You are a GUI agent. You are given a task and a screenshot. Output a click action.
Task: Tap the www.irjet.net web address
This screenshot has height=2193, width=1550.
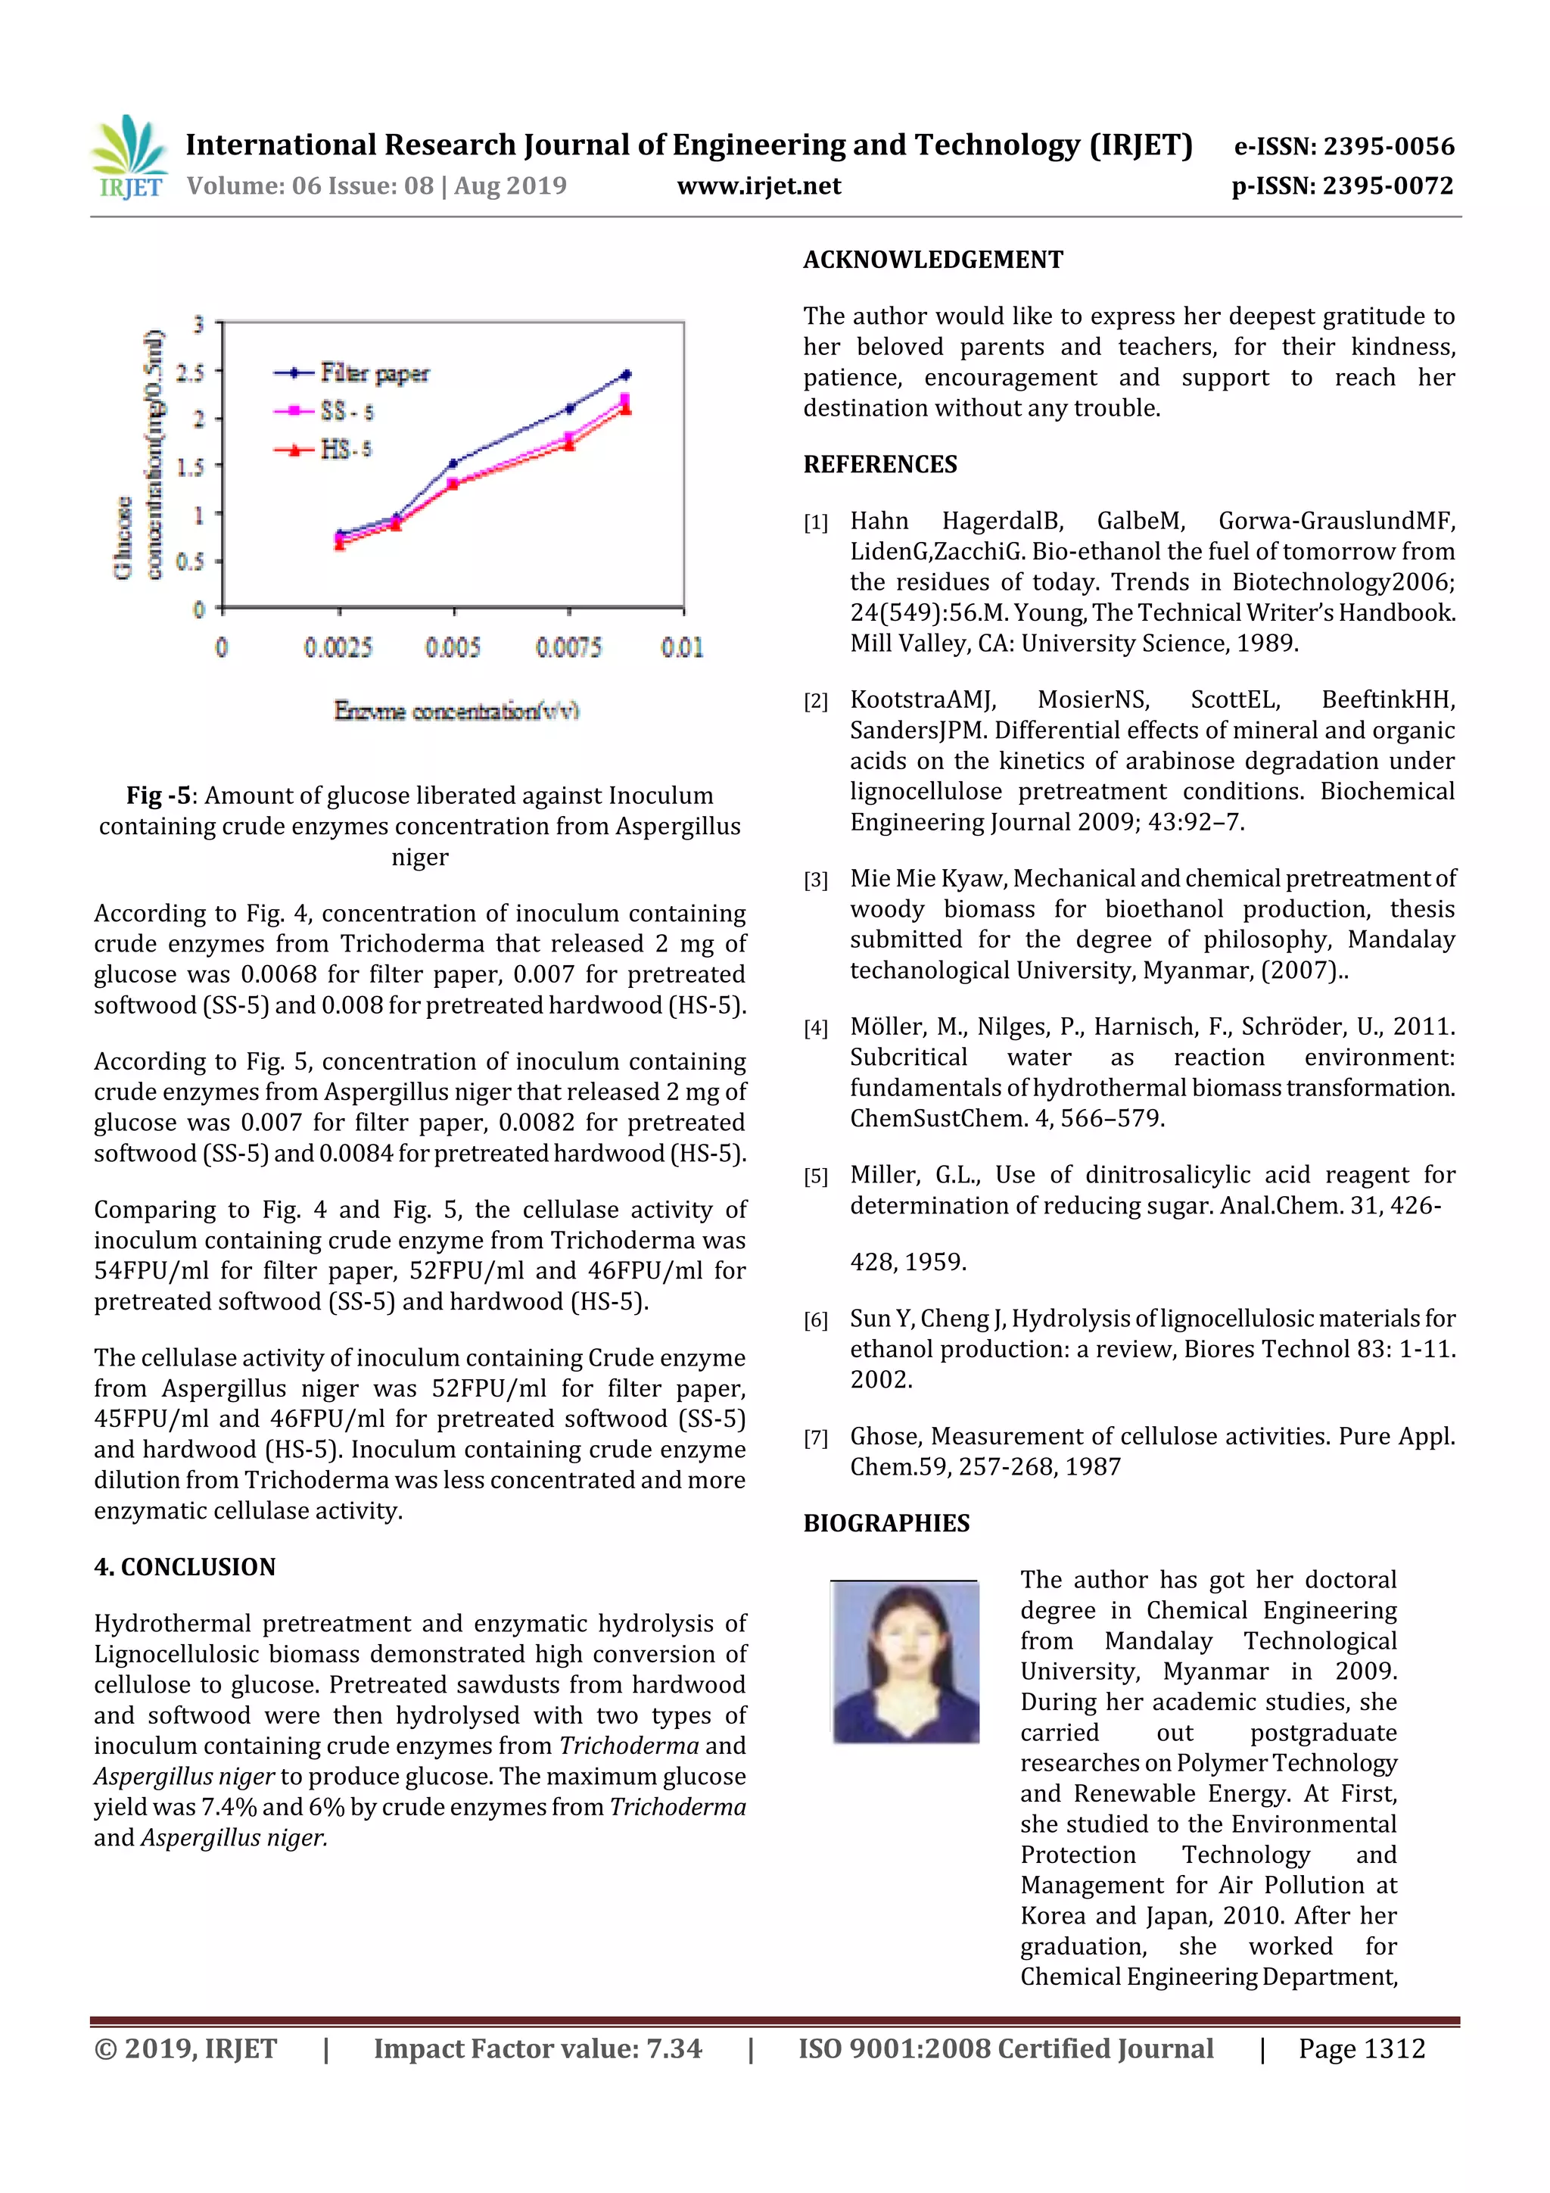(x=758, y=186)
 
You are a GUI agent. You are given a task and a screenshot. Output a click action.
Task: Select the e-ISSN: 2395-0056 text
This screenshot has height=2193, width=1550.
(x=1343, y=146)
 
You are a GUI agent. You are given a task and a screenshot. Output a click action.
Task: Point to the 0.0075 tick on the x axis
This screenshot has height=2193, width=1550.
(x=569, y=647)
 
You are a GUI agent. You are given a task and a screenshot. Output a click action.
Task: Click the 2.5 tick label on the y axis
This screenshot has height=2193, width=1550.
(x=191, y=372)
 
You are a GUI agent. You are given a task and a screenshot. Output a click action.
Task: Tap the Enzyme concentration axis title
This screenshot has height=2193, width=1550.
(x=456, y=711)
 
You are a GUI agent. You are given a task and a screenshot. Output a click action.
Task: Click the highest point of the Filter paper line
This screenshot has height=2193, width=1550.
(x=627, y=375)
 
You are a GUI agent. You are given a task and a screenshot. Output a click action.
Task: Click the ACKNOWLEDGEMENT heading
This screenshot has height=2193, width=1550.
(x=932, y=260)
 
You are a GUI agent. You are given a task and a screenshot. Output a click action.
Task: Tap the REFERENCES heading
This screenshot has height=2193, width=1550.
(x=879, y=464)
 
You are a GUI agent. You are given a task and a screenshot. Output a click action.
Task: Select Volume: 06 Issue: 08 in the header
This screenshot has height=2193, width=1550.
(x=310, y=186)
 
